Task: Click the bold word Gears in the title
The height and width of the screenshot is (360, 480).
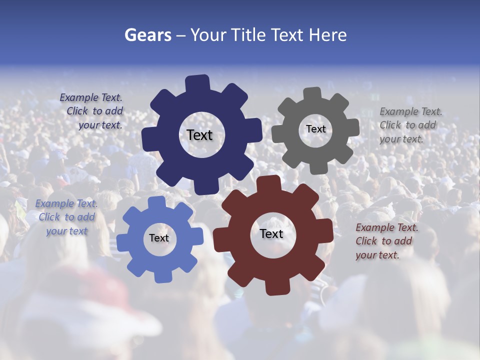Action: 148,35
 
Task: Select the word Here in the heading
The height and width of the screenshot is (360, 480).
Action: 327,35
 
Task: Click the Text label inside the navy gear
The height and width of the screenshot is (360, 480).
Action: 199,135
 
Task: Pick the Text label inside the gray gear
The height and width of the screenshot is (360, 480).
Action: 315,129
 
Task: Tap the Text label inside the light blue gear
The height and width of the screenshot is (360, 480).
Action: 159,238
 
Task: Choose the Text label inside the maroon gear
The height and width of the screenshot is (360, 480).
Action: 271,233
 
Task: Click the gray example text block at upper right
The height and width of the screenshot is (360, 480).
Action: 410,125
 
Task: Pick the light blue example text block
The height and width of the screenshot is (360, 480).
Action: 66,217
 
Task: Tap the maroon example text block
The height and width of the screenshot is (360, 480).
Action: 386,241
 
